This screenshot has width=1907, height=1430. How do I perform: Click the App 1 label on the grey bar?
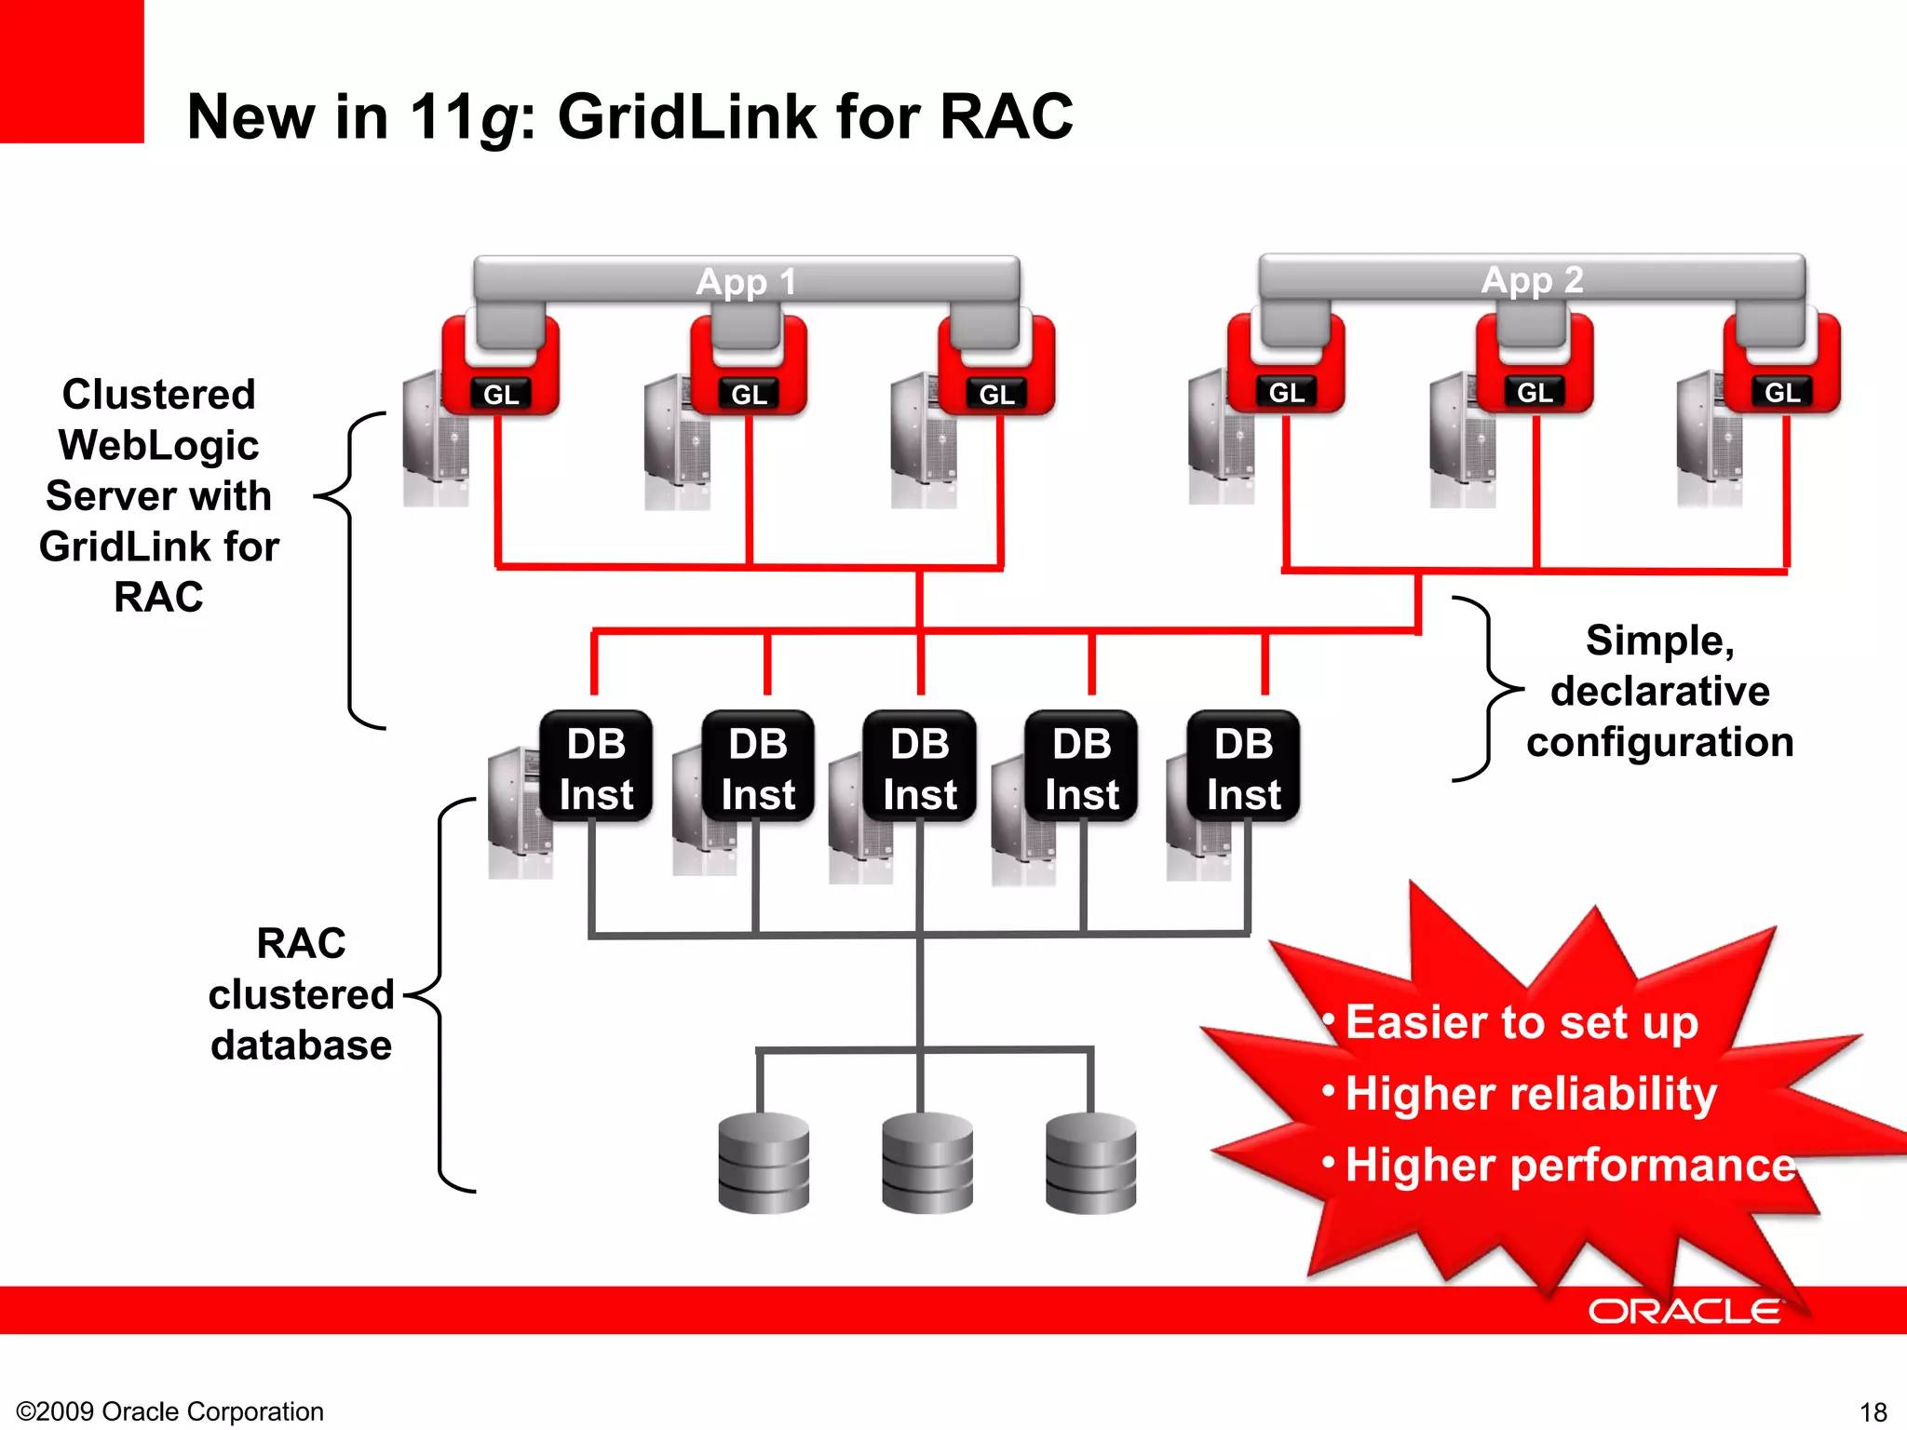click(x=746, y=281)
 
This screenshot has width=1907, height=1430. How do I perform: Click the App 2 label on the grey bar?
click(x=1532, y=279)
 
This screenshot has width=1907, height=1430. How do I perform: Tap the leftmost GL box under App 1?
click(x=501, y=395)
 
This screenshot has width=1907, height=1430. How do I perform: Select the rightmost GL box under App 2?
click(x=1782, y=393)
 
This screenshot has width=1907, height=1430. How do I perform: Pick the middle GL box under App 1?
click(x=749, y=395)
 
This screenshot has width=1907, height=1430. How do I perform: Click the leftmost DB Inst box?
click(x=596, y=768)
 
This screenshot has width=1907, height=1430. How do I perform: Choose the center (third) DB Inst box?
click(x=920, y=768)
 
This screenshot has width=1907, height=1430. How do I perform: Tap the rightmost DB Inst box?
click(x=1243, y=768)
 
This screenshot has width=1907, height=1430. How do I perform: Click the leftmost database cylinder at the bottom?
click(x=764, y=1163)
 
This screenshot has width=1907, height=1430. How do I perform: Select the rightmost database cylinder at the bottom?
click(x=1090, y=1163)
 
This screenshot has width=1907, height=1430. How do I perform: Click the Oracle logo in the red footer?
click(x=1684, y=1311)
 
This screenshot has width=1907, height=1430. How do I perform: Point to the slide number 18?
click(x=1873, y=1411)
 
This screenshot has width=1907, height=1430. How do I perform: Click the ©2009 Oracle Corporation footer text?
click(x=170, y=1411)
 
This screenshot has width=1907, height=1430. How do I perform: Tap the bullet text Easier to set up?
click(x=1522, y=1022)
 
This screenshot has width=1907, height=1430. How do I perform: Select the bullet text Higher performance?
click(x=1570, y=1165)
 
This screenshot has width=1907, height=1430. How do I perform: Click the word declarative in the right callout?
click(x=1659, y=692)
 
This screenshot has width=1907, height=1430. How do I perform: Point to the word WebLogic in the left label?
click(x=158, y=445)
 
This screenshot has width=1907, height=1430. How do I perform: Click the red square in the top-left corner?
click(x=72, y=71)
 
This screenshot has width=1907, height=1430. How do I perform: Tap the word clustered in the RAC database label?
click(x=301, y=994)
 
